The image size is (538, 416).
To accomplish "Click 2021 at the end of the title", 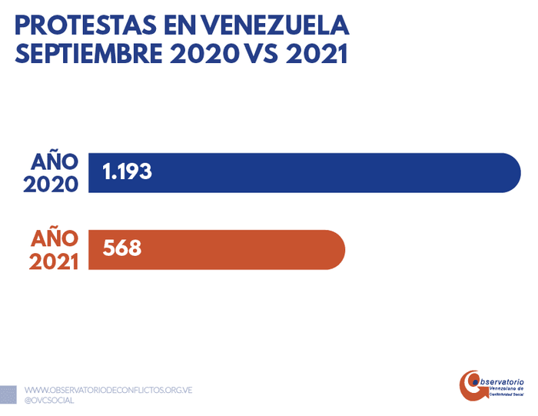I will pyautogui.click(x=319, y=55).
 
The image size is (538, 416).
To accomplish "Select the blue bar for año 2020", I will pyautogui.click(x=307, y=172).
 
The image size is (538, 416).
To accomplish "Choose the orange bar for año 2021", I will pyautogui.click(x=231, y=249).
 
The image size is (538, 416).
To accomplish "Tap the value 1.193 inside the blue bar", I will pyautogui.click(x=128, y=172).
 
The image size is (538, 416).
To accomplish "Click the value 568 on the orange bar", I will pyautogui.click(x=122, y=249).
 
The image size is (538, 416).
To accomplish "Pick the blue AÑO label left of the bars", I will pyautogui.click(x=55, y=162).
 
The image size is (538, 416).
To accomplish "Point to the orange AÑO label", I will pyautogui.click(x=55, y=238).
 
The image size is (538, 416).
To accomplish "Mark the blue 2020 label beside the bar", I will pyautogui.click(x=51, y=185).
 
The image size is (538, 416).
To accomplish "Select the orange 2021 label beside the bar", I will pyautogui.click(x=54, y=261).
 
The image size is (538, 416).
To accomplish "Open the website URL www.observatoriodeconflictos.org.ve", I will pyautogui.click(x=108, y=390).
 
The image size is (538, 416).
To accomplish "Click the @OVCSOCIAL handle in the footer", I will pyautogui.click(x=50, y=401).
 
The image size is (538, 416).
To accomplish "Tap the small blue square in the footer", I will pyautogui.click(x=8, y=394).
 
